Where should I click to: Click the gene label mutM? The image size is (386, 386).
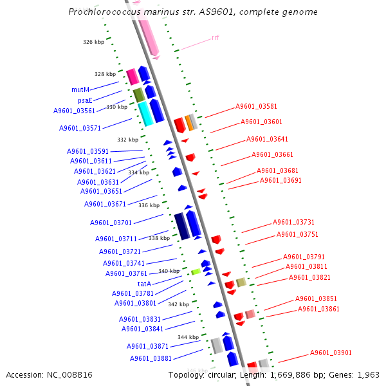[80, 89]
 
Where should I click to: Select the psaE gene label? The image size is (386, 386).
[85, 100]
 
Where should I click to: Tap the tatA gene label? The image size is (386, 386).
[145, 284]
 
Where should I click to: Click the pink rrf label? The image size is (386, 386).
[215, 38]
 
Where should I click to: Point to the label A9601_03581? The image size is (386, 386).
[256, 107]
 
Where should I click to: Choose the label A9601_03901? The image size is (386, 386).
[331, 353]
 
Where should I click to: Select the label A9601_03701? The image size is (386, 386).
[111, 223]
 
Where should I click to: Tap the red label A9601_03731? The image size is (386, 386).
[293, 222]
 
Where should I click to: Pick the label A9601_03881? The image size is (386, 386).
[151, 358]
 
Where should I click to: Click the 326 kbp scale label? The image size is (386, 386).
[93, 42]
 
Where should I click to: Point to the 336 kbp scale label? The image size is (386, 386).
[149, 205]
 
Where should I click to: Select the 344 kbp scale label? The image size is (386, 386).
[188, 337]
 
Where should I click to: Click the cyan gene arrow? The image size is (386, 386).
[145, 113]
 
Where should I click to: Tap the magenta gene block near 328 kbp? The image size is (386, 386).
[132, 77]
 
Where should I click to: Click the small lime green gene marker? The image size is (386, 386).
[196, 272]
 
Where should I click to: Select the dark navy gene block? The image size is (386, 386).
[182, 226]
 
